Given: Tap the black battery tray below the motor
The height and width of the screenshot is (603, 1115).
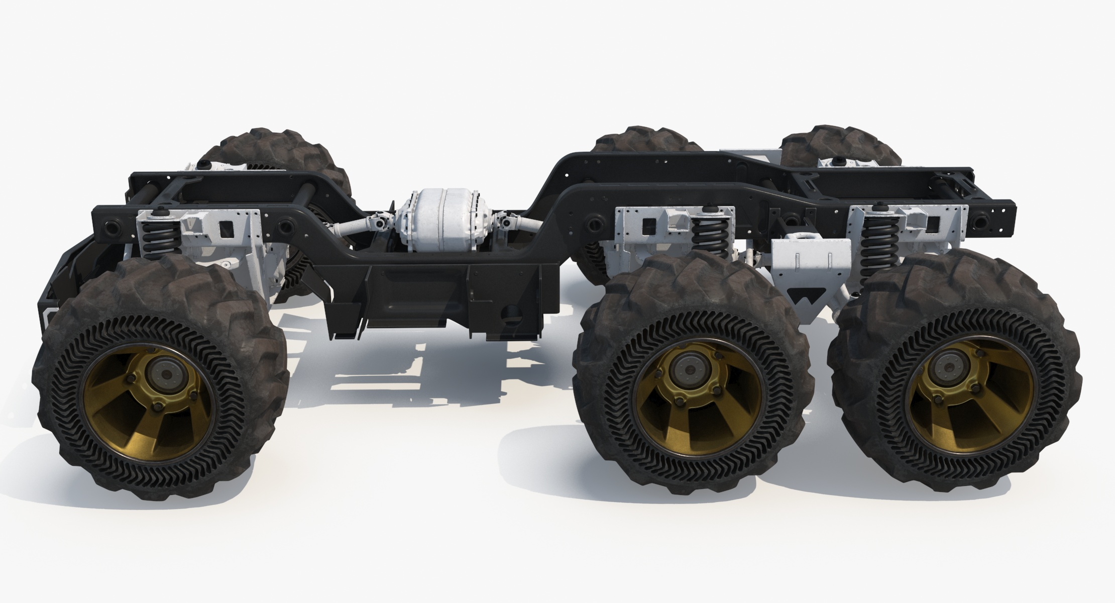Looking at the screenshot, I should coord(427,296).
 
